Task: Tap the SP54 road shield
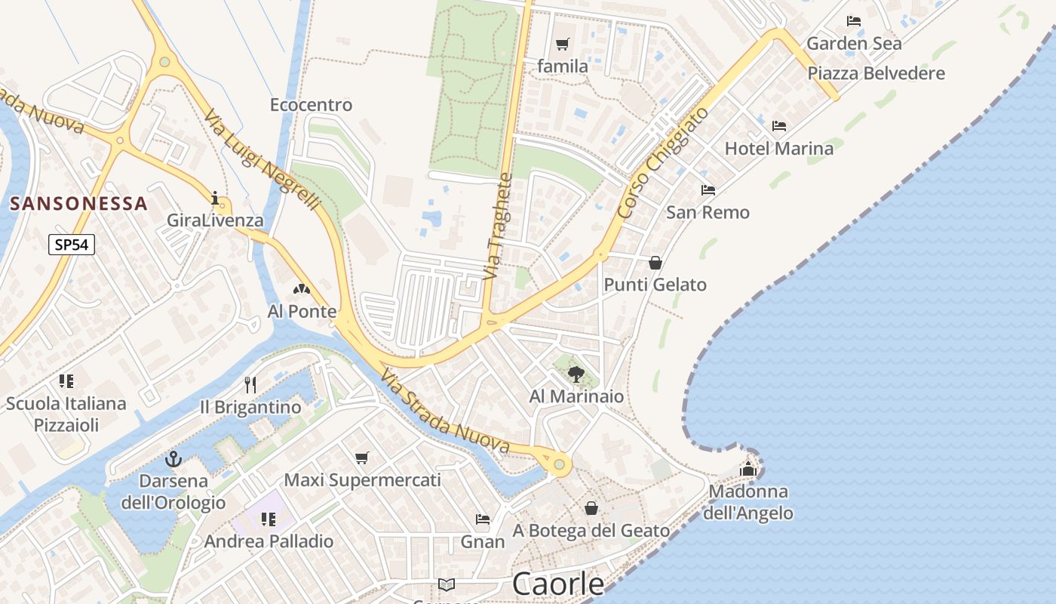tap(72, 245)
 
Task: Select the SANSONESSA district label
tap(78, 204)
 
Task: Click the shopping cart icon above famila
tap(562, 45)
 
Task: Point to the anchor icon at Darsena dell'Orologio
tap(173, 458)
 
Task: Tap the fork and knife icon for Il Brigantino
tap(250, 385)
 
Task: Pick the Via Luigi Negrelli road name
tap(263, 161)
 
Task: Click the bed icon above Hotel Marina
tap(779, 125)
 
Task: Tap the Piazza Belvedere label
tap(876, 73)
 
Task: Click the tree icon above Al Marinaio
tap(576, 374)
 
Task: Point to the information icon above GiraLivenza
tap(216, 199)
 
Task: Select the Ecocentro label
tap(311, 105)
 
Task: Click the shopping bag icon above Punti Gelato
tap(655, 262)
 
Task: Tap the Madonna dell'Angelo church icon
tap(748, 469)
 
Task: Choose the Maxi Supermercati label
tap(362, 480)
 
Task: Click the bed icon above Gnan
tap(483, 519)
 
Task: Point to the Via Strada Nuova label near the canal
tap(445, 412)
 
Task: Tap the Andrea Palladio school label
tap(269, 541)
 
